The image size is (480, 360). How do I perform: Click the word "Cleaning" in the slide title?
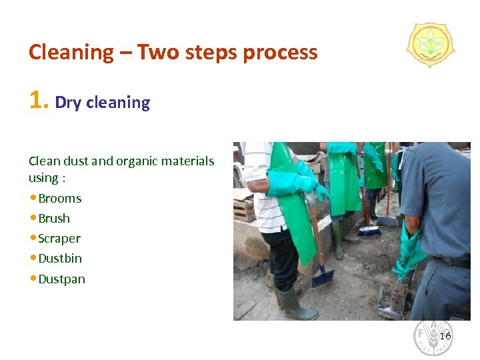[71, 53]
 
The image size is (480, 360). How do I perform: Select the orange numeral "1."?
[39, 101]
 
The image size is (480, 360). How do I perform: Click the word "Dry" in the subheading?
[69, 103]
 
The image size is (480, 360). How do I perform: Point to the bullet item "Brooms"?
[60, 199]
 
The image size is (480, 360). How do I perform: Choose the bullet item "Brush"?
[54, 219]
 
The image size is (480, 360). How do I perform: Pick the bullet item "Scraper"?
[59, 239]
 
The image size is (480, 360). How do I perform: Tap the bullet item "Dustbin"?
[60, 259]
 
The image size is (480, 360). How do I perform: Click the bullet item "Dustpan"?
[62, 279]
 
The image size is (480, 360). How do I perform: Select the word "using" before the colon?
[44, 178]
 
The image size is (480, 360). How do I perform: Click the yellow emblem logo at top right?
[430, 45]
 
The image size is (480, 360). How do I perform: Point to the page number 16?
[445, 336]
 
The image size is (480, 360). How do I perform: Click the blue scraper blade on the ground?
[323, 274]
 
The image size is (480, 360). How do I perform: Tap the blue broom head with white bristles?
[369, 231]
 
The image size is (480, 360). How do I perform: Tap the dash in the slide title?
[125, 53]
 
